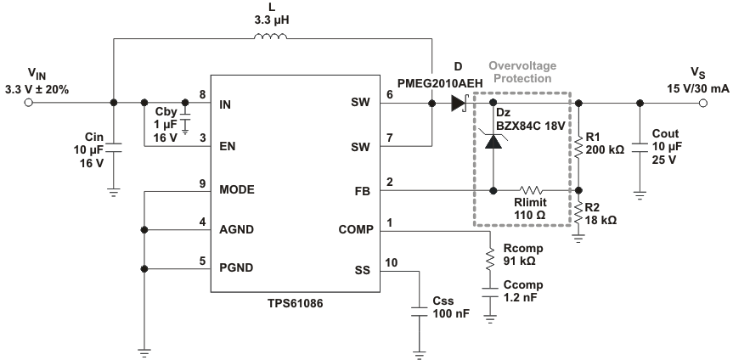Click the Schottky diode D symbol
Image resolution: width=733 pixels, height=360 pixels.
pos(460,104)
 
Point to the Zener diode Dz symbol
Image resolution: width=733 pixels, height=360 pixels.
pos(493,143)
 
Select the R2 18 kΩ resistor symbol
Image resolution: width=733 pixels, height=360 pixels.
pos(578,211)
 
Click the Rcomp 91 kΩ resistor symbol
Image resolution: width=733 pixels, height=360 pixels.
pos(490,259)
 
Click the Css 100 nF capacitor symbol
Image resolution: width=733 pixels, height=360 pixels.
pos(419,312)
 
